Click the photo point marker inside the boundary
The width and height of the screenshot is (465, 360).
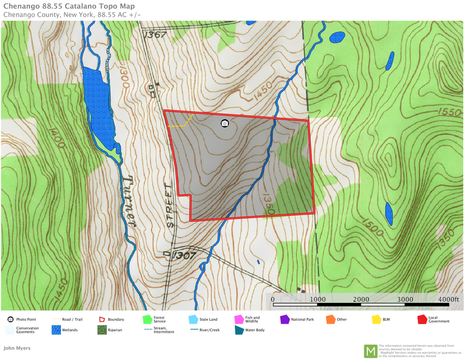click(224, 123)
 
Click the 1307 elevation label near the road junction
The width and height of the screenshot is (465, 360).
click(184, 255)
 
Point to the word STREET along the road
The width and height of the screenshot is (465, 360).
click(169, 205)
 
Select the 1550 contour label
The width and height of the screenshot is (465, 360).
click(449, 111)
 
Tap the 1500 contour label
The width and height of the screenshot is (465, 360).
click(372, 226)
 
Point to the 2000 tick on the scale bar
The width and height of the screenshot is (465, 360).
click(361, 300)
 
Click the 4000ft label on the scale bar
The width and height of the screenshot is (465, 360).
click(448, 300)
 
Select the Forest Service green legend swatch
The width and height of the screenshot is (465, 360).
click(147, 319)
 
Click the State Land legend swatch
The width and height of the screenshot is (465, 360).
click(193, 319)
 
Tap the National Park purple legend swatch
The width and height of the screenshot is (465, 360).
click(284, 319)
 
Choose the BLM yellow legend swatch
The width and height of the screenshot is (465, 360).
click(376, 319)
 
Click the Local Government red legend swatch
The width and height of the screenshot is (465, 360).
click(422, 319)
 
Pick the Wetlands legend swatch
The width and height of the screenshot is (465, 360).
click(56, 330)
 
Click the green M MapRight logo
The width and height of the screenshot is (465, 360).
click(370, 351)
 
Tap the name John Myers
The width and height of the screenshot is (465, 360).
click(17, 348)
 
